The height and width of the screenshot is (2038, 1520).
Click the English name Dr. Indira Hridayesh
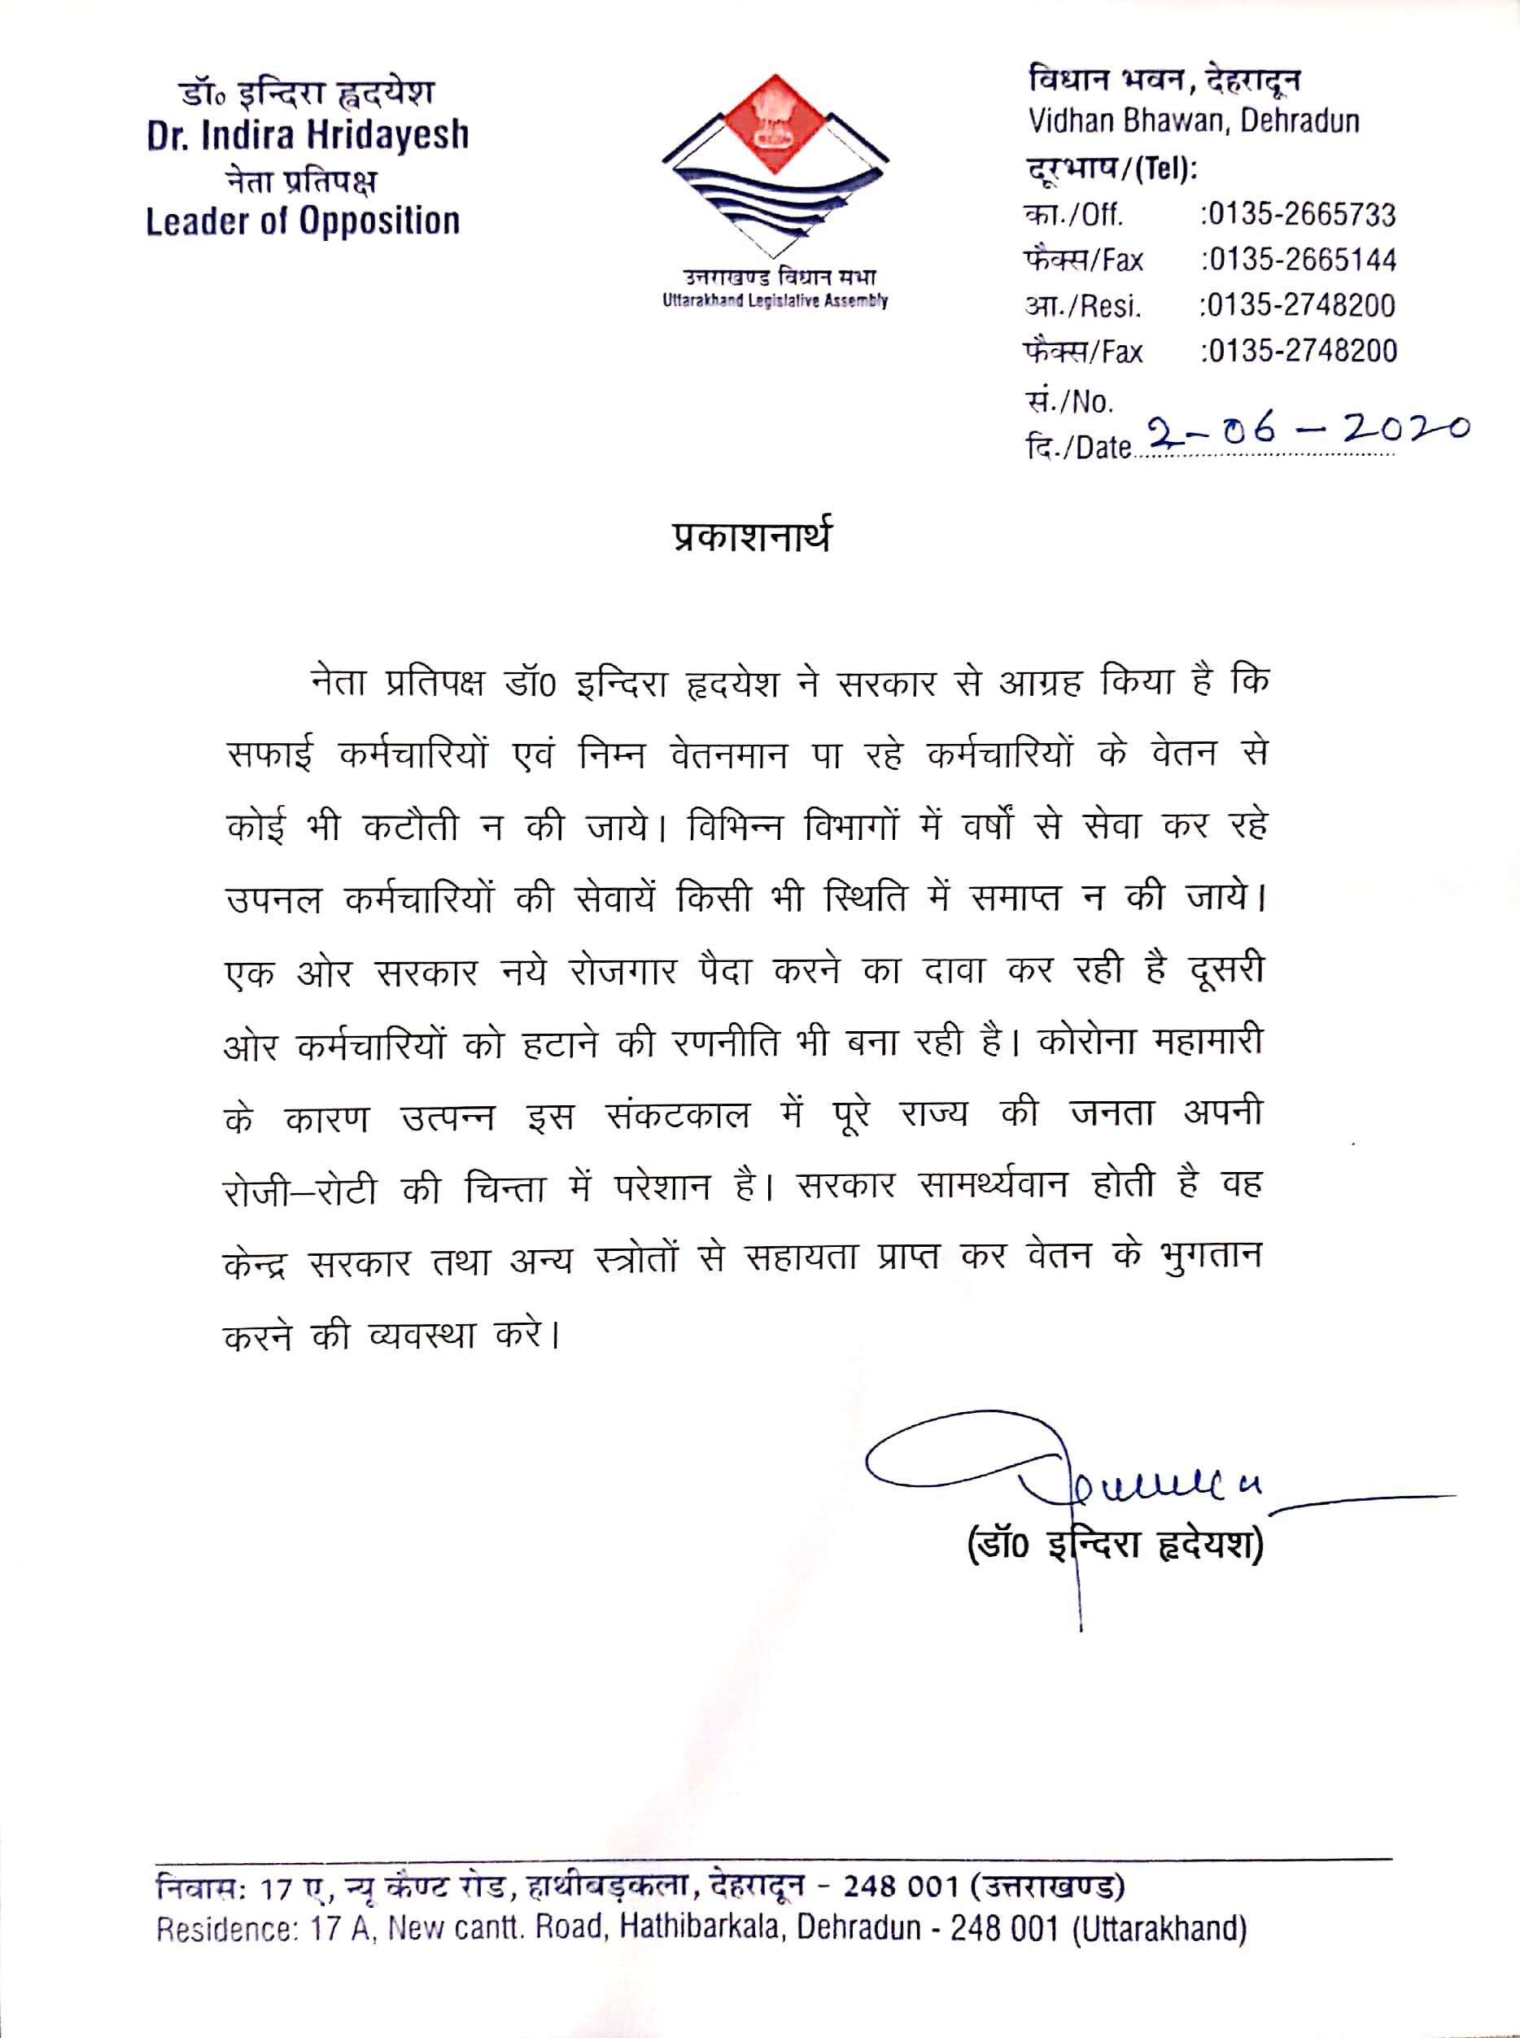(308, 136)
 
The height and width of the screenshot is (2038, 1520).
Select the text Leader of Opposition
(303, 221)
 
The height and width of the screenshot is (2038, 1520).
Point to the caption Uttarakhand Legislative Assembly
(775, 301)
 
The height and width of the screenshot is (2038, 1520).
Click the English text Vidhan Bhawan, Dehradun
(1194, 120)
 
